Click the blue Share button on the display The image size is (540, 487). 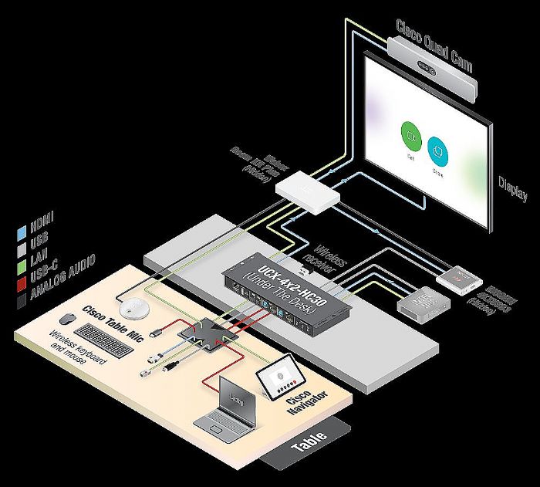(x=438, y=147)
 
